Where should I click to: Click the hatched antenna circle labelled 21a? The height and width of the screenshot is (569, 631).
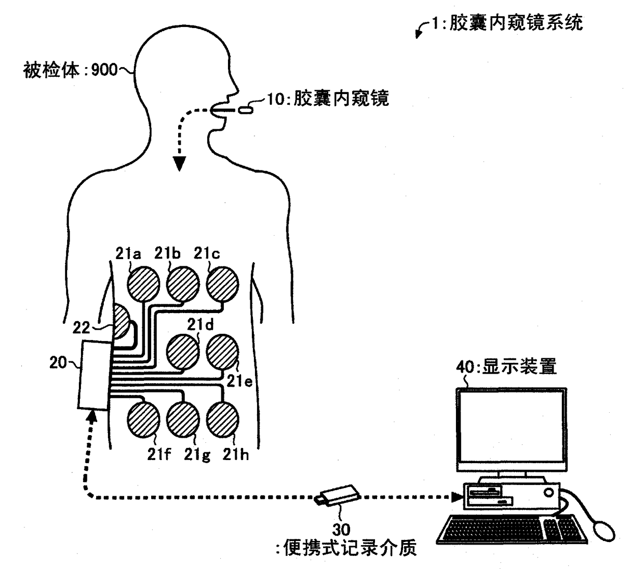click(144, 284)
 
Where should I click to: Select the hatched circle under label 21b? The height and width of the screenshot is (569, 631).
click(183, 284)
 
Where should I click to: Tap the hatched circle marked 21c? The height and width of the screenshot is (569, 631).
click(222, 284)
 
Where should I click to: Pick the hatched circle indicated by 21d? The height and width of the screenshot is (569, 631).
click(183, 352)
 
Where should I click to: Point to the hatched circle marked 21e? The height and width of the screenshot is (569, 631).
click(222, 352)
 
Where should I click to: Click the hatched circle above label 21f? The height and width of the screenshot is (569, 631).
click(144, 420)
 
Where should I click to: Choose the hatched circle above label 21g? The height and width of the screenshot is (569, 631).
click(183, 420)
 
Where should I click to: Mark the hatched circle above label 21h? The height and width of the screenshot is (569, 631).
click(222, 420)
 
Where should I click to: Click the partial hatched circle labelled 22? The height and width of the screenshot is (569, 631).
click(121, 321)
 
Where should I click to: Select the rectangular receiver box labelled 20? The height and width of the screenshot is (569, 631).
click(95, 375)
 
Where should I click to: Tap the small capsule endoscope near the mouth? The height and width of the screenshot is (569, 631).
click(245, 110)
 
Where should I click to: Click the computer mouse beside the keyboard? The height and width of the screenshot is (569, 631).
click(604, 531)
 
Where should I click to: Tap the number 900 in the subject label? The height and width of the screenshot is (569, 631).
click(104, 70)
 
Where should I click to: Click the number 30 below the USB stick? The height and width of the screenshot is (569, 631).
click(341, 530)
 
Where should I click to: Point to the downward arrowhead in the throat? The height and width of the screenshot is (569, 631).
click(179, 163)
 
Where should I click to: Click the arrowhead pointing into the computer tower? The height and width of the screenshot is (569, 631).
click(457, 497)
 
